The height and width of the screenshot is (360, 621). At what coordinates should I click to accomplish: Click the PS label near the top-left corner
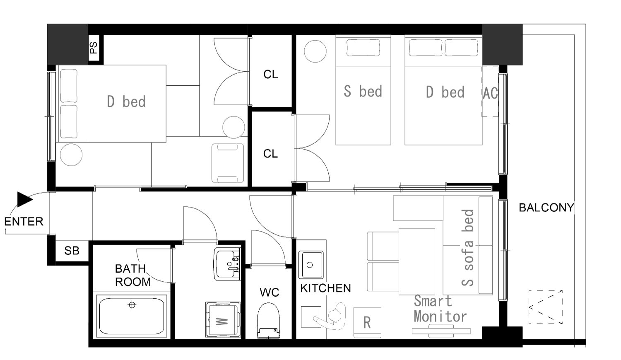[94, 47]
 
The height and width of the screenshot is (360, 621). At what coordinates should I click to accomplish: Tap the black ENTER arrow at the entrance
[25, 199]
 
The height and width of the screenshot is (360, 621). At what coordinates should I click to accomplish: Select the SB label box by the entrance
[72, 251]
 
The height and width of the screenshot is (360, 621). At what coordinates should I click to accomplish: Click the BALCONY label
[546, 208]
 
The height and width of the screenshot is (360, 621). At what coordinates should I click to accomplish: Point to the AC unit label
[490, 93]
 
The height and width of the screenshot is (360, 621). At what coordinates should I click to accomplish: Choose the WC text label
[269, 292]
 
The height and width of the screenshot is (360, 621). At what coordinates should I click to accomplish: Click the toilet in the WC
[268, 320]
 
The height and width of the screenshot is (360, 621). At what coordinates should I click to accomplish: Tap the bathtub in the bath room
[131, 316]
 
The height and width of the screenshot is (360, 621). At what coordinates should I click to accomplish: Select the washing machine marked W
[223, 319]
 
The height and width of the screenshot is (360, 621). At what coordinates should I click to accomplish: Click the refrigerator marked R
[367, 322]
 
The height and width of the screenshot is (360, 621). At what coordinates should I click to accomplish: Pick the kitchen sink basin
[311, 265]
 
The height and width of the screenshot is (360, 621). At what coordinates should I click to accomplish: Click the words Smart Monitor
[440, 309]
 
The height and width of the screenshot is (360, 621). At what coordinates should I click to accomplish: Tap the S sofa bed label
[468, 248]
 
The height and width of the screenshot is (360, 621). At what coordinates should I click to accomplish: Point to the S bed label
[363, 91]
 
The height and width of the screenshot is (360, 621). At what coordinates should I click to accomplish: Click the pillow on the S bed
[363, 48]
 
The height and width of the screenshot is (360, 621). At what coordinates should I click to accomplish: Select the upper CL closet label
[271, 74]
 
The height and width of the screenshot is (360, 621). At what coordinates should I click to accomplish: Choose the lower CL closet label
[270, 154]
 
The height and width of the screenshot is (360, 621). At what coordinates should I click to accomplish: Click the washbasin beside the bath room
[227, 264]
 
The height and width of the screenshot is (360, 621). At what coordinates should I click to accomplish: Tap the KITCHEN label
[325, 288]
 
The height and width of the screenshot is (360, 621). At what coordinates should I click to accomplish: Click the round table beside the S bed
[315, 51]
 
